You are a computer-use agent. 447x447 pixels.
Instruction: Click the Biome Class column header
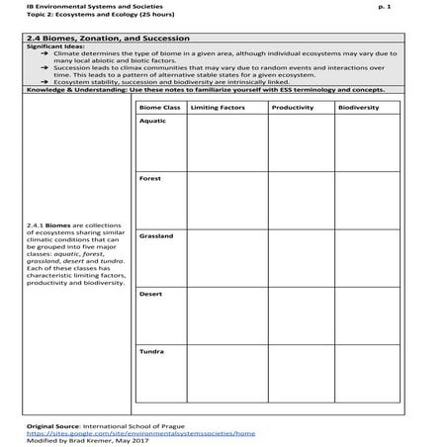tap(159, 106)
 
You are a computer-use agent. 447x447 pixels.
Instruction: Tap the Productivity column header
tap(292, 106)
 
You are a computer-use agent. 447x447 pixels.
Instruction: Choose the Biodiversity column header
tap(358, 106)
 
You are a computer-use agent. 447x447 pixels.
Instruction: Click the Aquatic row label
tap(153, 121)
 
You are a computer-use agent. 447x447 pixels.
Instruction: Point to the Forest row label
tap(150, 178)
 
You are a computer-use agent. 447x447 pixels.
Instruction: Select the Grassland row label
tap(156, 235)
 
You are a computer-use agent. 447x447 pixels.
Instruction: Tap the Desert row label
tap(151, 293)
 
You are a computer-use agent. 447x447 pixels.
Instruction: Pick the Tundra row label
tap(152, 350)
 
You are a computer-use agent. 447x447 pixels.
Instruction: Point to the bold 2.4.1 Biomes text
tap(49, 223)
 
